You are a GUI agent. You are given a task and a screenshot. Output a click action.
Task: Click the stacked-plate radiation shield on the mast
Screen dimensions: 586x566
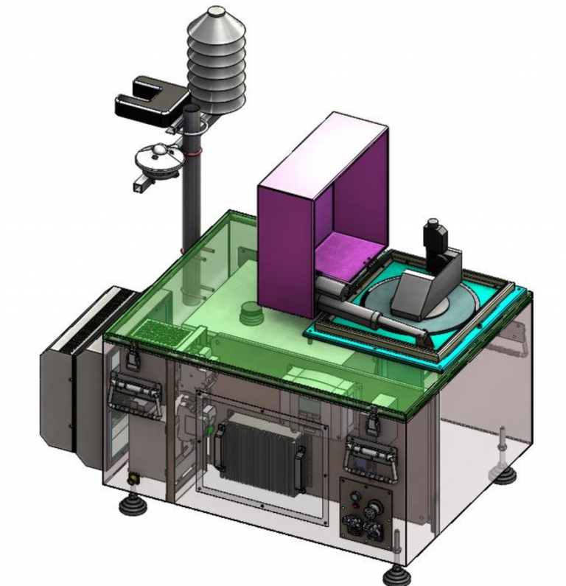[216, 63]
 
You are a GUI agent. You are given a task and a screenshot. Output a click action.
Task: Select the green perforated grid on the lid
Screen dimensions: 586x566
[165, 333]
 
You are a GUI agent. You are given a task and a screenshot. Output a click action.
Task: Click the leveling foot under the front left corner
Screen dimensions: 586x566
[133, 508]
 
